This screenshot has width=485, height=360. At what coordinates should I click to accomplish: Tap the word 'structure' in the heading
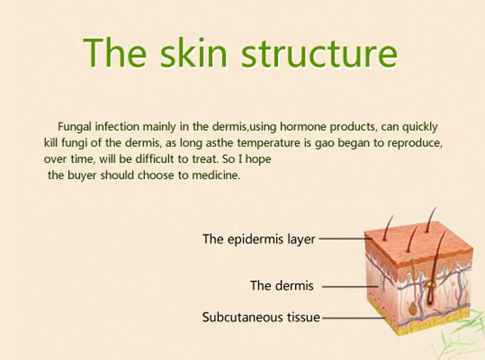pyautogui.click(x=319, y=53)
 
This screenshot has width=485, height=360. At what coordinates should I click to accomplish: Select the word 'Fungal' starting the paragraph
pyautogui.click(x=75, y=127)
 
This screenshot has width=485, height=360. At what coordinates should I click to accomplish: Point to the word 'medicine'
pyautogui.click(x=216, y=175)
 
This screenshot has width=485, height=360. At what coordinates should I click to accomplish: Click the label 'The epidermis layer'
pyautogui.click(x=259, y=239)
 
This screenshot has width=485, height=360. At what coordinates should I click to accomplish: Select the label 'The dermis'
pyautogui.click(x=282, y=285)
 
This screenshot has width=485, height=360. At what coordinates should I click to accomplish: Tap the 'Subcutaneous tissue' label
pyautogui.click(x=261, y=318)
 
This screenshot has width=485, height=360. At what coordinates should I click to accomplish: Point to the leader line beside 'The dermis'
pyautogui.click(x=350, y=287)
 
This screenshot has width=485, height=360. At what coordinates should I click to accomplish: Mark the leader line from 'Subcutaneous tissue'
pyautogui.click(x=354, y=318)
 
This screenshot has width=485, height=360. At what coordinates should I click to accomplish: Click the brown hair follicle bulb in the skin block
pyautogui.click(x=430, y=293)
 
